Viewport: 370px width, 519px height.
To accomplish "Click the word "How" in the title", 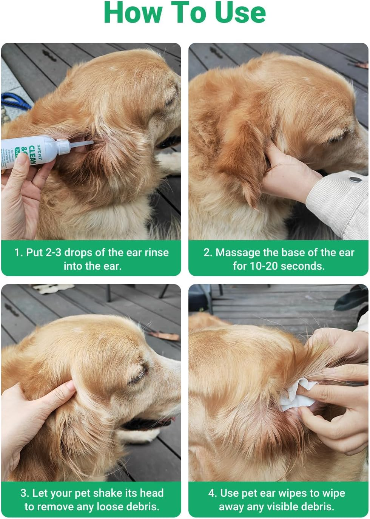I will point(132,13).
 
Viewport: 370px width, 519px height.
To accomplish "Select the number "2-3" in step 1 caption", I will point(54,252).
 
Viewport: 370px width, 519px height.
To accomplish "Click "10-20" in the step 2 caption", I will point(264,266).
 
